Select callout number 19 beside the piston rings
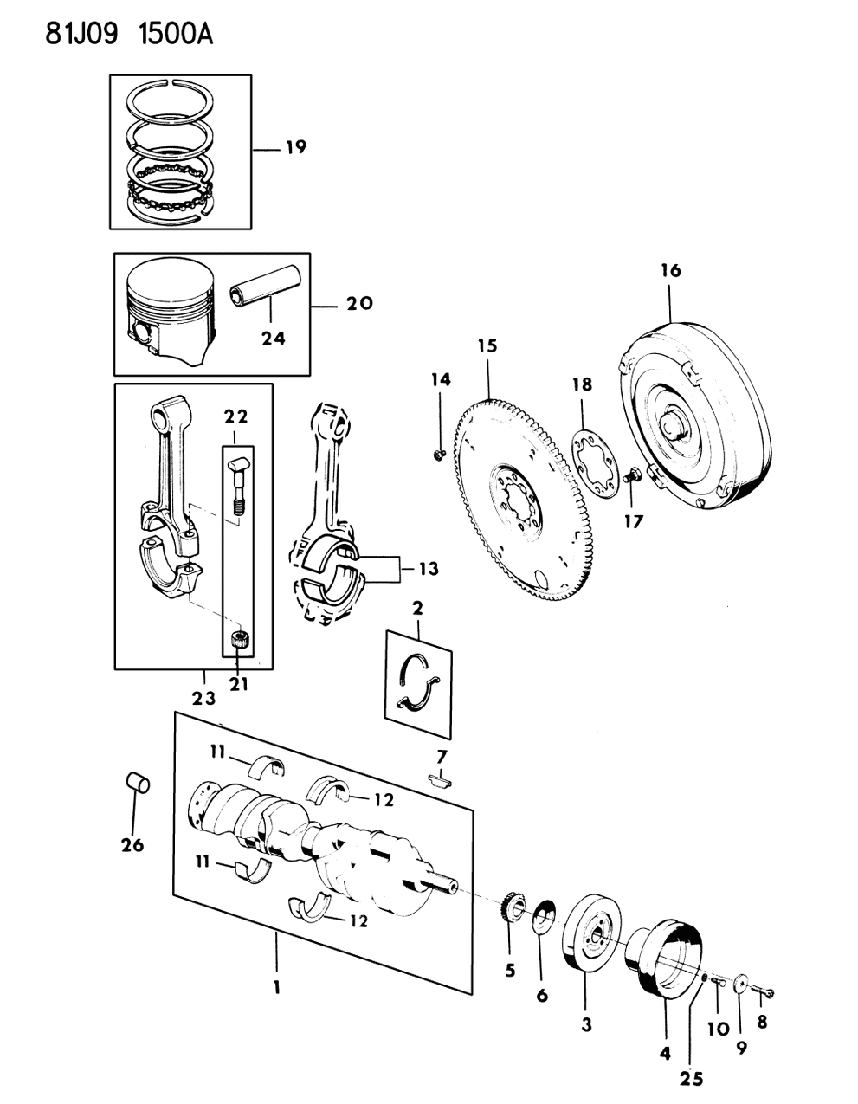294,147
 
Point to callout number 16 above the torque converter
671,271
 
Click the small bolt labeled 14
439,452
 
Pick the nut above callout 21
240,642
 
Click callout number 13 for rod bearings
428,569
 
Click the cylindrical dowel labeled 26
139,784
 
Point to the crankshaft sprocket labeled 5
513,911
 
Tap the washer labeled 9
741,984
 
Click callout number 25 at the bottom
692,1079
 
